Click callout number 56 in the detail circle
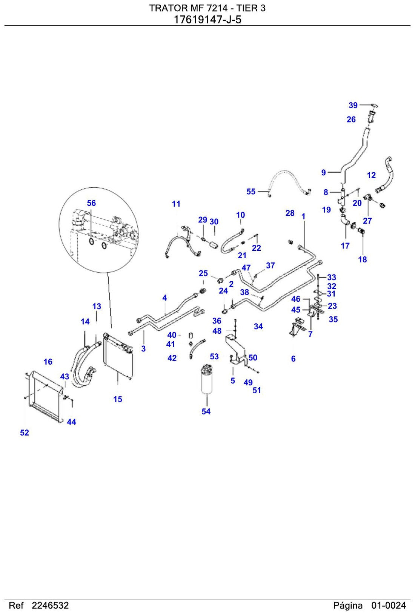pyautogui.click(x=91, y=203)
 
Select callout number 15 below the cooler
pyautogui.click(x=118, y=399)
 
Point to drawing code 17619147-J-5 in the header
pyautogui.click(x=207, y=20)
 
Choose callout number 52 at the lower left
pyautogui.click(x=25, y=433)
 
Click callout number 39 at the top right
pyautogui.click(x=353, y=105)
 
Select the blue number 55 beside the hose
pyautogui.click(x=251, y=192)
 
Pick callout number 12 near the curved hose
pyautogui.click(x=371, y=175)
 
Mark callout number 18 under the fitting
pyautogui.click(x=363, y=259)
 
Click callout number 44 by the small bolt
pyautogui.click(x=71, y=422)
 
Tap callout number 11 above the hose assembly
pyautogui.click(x=176, y=204)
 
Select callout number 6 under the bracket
pyautogui.click(x=293, y=359)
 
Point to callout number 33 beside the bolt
pyautogui.click(x=332, y=277)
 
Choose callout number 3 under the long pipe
pyautogui.click(x=143, y=349)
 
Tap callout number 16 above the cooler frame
pyautogui.click(x=48, y=362)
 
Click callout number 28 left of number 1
pyautogui.click(x=290, y=213)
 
